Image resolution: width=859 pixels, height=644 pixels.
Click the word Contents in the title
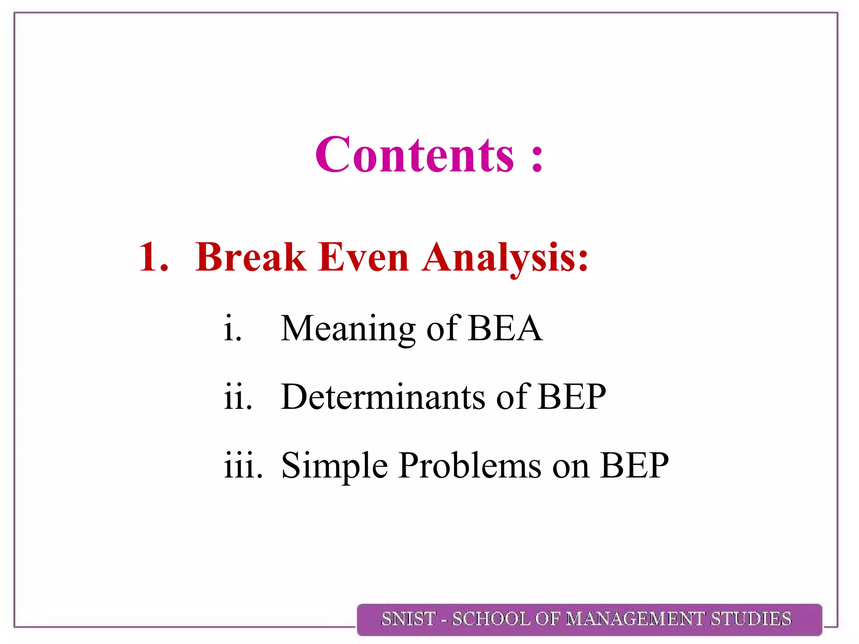pos(414,155)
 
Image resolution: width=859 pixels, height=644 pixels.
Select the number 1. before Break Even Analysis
pos(154,257)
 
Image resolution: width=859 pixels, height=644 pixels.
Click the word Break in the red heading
pos(250,257)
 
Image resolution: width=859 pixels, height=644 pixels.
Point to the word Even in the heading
pos(363,257)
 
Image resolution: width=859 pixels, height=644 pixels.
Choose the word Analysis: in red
pos(505,258)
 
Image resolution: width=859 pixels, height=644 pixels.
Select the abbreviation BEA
pos(505,328)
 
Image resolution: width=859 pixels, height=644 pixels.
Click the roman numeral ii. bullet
pos(238,397)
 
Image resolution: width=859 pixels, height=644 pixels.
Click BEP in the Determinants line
pos(572,397)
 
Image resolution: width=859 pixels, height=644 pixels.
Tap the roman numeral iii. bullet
pos(243,466)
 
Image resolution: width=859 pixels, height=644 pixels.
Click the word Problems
pos(470,466)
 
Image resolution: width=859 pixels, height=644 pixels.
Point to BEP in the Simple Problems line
pos(634,466)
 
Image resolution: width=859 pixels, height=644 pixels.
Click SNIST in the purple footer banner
pos(408,619)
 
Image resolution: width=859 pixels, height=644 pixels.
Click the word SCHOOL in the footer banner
pos(491,619)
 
